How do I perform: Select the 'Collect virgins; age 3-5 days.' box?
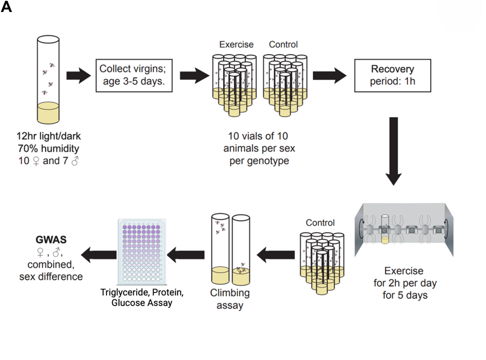pos(134,75)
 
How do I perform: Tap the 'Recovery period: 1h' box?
pos(392,75)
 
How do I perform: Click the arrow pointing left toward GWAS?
pos(97,255)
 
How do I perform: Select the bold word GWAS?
pos(52,240)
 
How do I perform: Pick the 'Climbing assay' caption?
pos(230,300)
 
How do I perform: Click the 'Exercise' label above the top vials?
pos(236,44)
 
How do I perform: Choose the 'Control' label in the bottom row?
pos(320,223)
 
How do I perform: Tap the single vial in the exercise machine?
pos(386,229)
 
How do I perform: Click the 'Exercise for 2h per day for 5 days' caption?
pos(404,283)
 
